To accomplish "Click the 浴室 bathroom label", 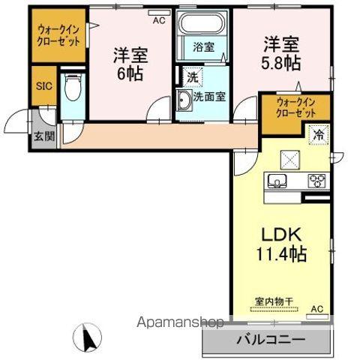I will click(x=203, y=46).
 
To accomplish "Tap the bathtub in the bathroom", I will click(x=203, y=26).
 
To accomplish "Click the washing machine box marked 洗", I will click(x=193, y=76).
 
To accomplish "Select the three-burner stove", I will click(x=317, y=181).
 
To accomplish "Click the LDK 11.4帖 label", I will click(x=283, y=244).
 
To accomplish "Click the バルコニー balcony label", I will click(x=271, y=340).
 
